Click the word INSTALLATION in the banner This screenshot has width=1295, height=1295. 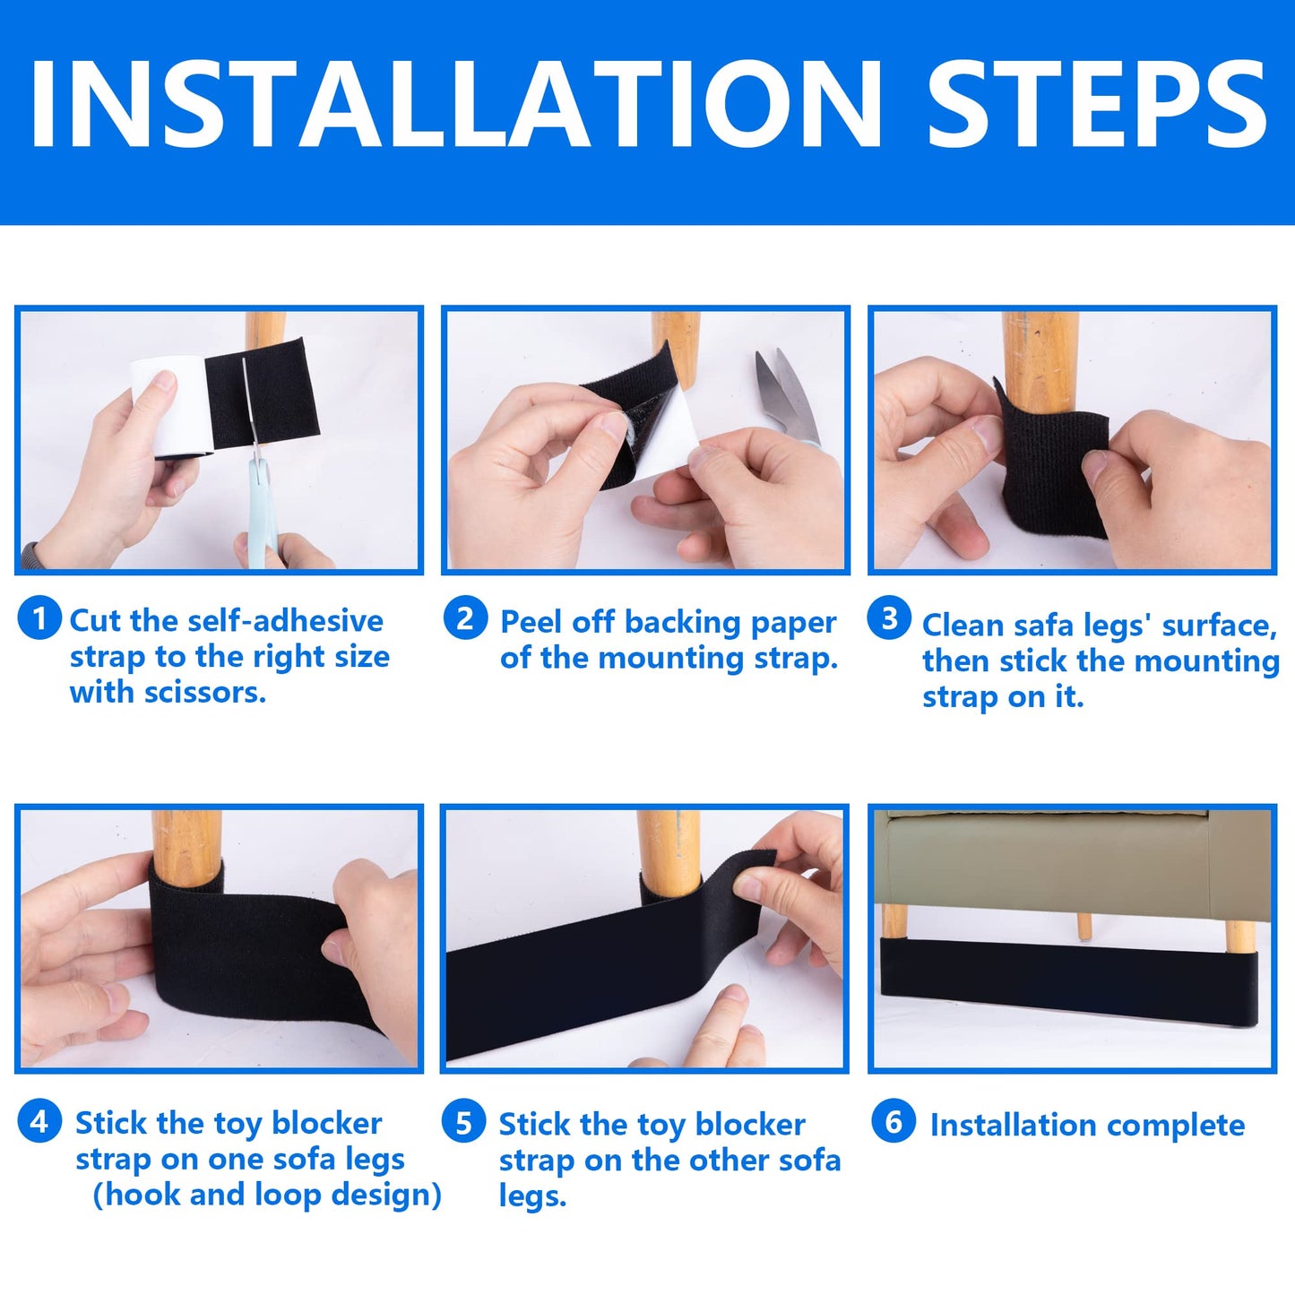coord(455,104)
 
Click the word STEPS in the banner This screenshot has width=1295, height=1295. coord(1097,104)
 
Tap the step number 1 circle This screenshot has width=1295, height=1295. coord(39,619)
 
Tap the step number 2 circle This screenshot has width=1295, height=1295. coord(465,619)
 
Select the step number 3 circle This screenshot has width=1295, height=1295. coord(889,619)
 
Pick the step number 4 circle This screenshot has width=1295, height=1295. coord(39,1121)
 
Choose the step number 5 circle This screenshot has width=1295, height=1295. coord(463,1122)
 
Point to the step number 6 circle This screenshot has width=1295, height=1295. coord(894,1122)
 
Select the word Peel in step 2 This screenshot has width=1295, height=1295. coord(532,622)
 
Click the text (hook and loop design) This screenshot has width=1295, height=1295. coord(267,1195)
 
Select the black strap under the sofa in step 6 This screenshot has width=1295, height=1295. coord(1066,981)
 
